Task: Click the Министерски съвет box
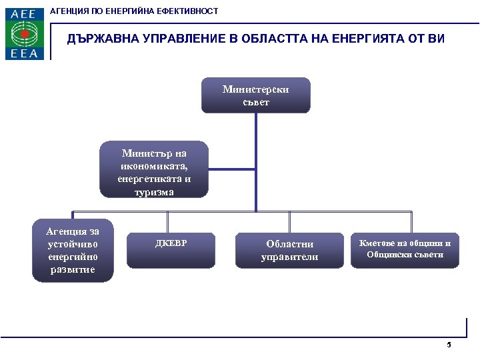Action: pos(256,95)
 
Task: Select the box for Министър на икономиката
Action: pos(154,169)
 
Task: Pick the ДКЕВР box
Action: pos(171,251)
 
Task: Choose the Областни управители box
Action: pos(289,251)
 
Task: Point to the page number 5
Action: pos(449,345)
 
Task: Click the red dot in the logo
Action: pos(25,33)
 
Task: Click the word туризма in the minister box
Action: pos(154,191)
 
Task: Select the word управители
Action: pos(289,257)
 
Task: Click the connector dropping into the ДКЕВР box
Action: pos(168,222)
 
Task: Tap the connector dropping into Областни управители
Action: pos(289,222)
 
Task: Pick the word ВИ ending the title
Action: pos(435,39)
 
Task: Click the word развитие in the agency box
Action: pos(72,269)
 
